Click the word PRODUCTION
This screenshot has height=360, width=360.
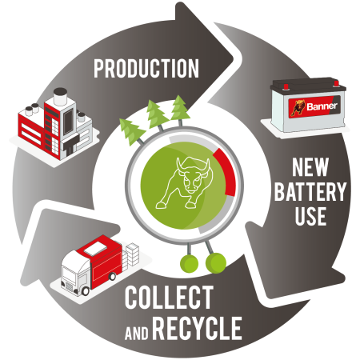point(146,69)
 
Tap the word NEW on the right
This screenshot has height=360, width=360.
point(310,167)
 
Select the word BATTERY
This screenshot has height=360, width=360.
point(310,191)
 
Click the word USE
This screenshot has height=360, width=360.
point(310,216)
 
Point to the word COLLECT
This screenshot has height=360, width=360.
point(169,297)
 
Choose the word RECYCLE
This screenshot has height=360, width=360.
point(198,328)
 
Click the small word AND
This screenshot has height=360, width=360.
point(137,333)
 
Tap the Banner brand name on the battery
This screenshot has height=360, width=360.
point(322,106)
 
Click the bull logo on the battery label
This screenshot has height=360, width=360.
point(298,108)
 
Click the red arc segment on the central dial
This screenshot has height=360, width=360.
point(226,171)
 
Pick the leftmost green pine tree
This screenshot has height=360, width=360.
point(131,131)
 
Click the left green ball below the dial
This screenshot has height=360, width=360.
point(189,263)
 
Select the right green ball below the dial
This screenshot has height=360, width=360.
point(216,263)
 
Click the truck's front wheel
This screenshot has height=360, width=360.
point(86,291)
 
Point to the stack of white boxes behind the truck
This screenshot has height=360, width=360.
point(132,254)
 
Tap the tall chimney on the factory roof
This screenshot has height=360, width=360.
point(60,96)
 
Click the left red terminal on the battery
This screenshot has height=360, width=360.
point(286,86)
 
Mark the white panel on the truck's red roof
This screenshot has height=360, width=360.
point(95,249)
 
